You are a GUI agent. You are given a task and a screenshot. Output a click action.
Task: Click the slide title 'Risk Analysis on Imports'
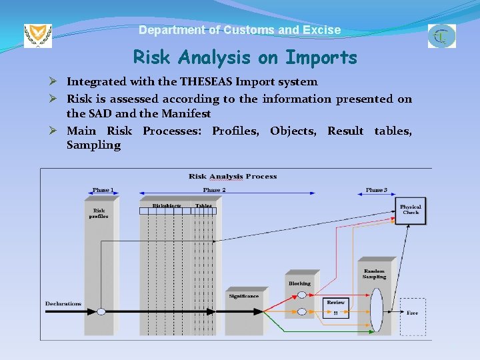(245, 58)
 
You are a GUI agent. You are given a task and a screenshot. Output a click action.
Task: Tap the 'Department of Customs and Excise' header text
(239, 30)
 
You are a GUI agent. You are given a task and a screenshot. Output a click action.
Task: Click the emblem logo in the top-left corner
(37, 35)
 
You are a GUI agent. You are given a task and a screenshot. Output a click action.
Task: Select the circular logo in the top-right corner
(442, 36)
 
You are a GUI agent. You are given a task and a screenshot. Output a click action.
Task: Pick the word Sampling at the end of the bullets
(93, 145)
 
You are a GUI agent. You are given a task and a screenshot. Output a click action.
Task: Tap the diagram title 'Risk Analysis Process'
(233, 177)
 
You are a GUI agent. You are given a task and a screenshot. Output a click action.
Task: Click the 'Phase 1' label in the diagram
(102, 190)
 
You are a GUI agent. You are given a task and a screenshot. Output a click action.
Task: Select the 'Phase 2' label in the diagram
(215, 190)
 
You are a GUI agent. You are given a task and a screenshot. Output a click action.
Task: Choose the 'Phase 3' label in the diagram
(376, 190)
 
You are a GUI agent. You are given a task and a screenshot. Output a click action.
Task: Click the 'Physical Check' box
(410, 210)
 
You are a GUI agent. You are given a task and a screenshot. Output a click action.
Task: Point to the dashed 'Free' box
(413, 312)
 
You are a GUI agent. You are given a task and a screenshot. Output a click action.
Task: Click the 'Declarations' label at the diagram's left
(63, 304)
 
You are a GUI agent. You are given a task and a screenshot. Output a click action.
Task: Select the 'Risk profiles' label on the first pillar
(99, 213)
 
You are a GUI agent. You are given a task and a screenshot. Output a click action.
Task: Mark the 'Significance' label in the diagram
(243, 296)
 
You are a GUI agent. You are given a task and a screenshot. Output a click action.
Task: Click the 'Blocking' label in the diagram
(299, 283)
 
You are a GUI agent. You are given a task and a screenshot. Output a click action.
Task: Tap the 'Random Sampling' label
(374, 274)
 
